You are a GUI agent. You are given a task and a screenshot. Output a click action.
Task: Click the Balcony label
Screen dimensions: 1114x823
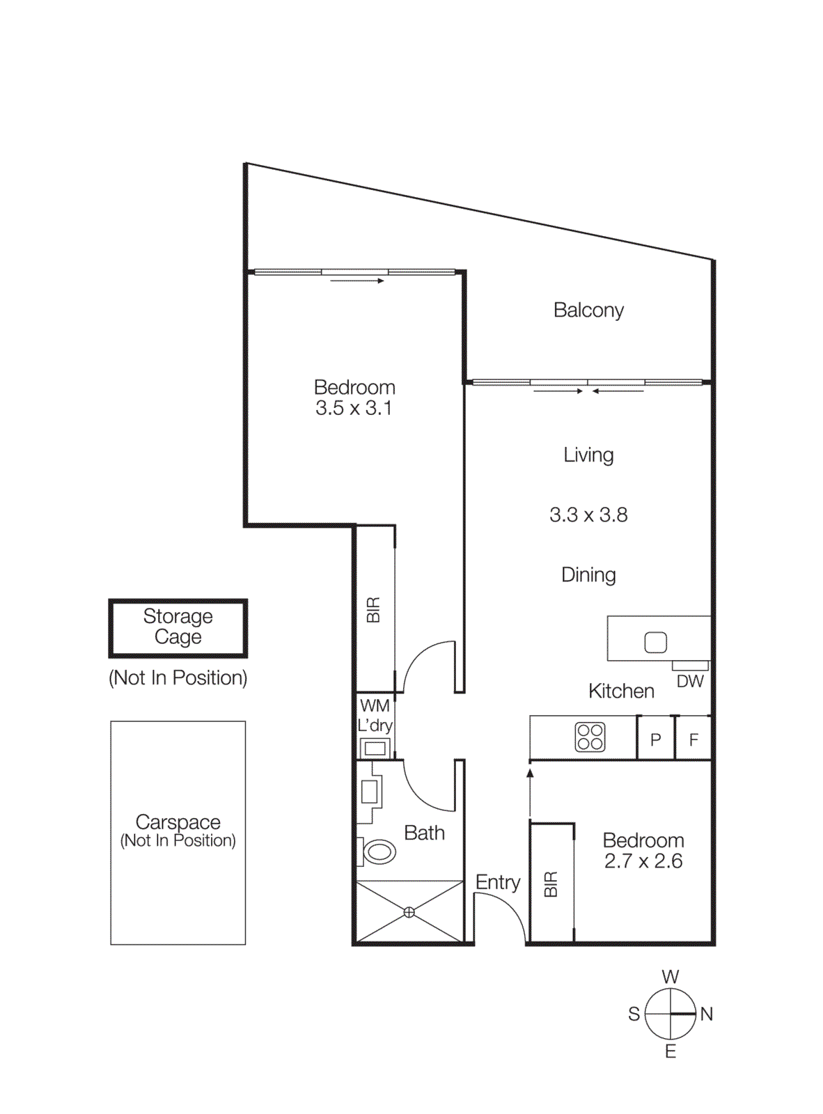pyautogui.click(x=588, y=311)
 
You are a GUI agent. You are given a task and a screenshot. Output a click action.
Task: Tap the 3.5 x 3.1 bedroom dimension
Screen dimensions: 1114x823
pyautogui.click(x=354, y=409)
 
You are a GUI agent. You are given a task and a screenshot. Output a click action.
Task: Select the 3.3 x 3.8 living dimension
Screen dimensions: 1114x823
pyautogui.click(x=588, y=515)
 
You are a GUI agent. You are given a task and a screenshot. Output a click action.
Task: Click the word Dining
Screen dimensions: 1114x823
pyautogui.click(x=588, y=575)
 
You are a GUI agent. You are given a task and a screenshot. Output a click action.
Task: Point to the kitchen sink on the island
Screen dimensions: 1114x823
pyautogui.click(x=655, y=642)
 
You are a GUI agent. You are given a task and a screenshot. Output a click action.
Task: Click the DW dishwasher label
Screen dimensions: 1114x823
pyautogui.click(x=690, y=682)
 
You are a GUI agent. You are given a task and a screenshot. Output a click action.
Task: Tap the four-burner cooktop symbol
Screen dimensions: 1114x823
pyautogui.click(x=590, y=737)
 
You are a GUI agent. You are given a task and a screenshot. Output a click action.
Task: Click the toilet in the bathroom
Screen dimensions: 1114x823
pyautogui.click(x=377, y=851)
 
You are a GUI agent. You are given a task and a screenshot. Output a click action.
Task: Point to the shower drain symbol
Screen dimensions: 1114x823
pyautogui.click(x=409, y=912)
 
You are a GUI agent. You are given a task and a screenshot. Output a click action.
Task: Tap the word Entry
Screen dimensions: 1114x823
pyautogui.click(x=498, y=882)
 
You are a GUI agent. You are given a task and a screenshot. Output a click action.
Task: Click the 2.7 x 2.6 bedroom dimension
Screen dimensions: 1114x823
pyautogui.click(x=643, y=862)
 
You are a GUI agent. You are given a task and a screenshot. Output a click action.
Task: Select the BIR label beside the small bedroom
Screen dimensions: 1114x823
pyautogui.click(x=551, y=884)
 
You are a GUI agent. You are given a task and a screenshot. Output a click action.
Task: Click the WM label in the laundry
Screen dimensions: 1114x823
pyautogui.click(x=375, y=706)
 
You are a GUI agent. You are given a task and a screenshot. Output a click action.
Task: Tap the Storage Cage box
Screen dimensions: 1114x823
pyautogui.click(x=178, y=627)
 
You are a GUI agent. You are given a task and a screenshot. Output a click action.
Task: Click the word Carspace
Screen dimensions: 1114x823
pyautogui.click(x=178, y=822)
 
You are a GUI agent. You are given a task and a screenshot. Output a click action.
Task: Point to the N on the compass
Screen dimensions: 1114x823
pyautogui.click(x=707, y=1014)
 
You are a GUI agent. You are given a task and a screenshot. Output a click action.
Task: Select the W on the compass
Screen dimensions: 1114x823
pyautogui.click(x=670, y=977)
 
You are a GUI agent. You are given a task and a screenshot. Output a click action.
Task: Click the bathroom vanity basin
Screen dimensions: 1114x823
pyautogui.click(x=369, y=792)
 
